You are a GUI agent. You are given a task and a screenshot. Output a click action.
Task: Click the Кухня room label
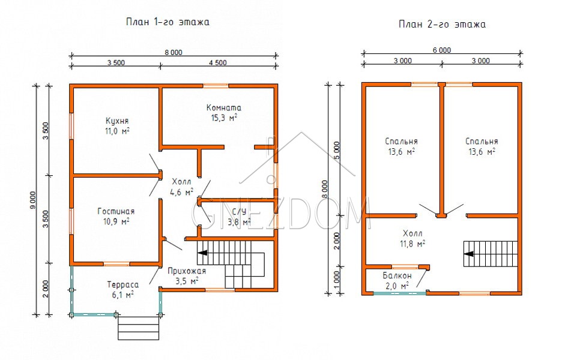[117, 121]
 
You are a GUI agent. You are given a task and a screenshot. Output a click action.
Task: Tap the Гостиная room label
[116, 211]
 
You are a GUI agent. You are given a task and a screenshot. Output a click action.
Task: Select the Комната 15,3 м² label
[224, 112]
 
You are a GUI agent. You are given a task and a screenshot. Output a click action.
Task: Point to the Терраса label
[123, 285]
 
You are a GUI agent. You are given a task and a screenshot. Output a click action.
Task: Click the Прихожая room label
[187, 271]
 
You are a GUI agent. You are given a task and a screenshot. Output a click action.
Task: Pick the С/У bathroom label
[239, 212]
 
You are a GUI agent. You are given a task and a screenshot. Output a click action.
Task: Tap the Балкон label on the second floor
[397, 276]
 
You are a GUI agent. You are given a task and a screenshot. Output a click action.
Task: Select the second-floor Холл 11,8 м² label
[412, 239]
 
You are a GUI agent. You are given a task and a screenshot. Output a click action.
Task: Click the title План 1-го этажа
[168, 22]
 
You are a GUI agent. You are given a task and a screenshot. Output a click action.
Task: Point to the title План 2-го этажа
[443, 24]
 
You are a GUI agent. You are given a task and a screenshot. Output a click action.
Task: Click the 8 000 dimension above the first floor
[174, 52]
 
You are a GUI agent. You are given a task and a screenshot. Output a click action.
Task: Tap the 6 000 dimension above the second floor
[442, 50]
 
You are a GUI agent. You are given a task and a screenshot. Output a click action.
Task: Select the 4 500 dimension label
[218, 62]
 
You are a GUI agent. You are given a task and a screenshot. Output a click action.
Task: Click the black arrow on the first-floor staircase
[202, 253]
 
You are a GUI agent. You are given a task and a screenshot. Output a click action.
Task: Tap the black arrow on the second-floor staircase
[469, 254]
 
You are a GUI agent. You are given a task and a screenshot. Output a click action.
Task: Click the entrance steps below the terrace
[138, 328]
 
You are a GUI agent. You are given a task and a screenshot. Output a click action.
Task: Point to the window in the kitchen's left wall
[71, 126]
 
